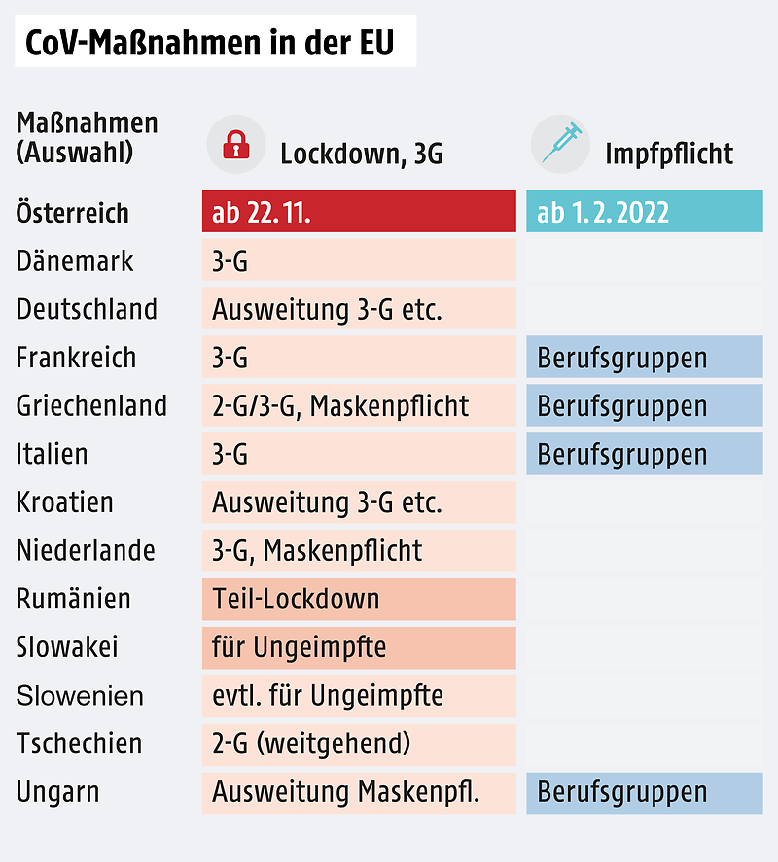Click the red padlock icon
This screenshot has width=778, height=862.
(x=236, y=145)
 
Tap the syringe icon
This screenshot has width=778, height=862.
(x=561, y=144)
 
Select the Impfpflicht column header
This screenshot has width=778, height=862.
(x=669, y=154)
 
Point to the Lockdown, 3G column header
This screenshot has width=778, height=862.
(x=361, y=154)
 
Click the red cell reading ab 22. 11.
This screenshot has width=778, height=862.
(x=359, y=213)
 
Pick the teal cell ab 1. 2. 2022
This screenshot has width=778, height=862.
(x=644, y=213)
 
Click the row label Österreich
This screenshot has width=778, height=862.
(x=73, y=213)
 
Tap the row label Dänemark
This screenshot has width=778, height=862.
(x=75, y=261)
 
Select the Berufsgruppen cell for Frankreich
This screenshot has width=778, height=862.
(x=644, y=358)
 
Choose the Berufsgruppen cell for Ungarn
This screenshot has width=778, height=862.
(x=644, y=792)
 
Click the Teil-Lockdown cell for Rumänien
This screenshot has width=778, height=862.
(x=359, y=599)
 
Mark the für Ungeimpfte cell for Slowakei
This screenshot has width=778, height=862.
(x=359, y=647)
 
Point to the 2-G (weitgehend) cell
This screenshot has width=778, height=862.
(x=359, y=744)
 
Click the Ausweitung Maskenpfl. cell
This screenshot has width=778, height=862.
(x=359, y=792)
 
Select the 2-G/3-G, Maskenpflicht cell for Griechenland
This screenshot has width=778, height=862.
(x=359, y=406)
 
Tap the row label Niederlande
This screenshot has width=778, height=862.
(x=86, y=551)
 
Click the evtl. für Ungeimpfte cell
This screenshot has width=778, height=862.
(x=359, y=696)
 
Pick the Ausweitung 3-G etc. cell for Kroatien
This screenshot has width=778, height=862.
(x=359, y=502)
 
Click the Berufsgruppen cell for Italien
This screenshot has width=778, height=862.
(x=644, y=454)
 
